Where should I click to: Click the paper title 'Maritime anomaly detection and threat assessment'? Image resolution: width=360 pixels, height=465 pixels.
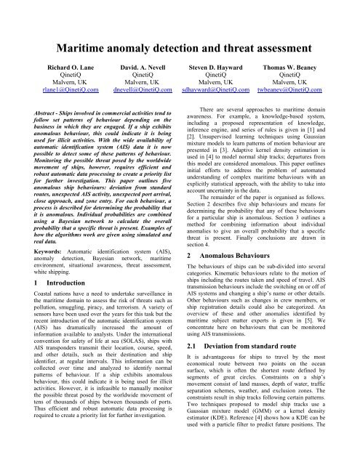click(x=180, y=31)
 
